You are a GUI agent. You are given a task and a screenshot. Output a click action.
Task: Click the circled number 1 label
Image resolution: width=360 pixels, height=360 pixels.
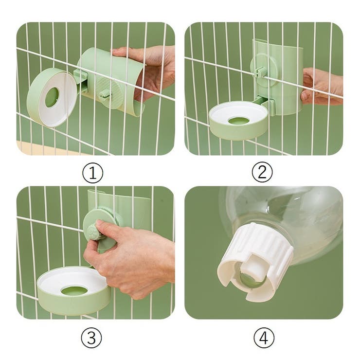(92, 172)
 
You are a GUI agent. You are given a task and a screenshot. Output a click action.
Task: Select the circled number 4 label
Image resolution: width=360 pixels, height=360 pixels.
(263, 338)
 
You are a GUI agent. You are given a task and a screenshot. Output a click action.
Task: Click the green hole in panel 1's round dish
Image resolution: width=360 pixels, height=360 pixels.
(52, 97)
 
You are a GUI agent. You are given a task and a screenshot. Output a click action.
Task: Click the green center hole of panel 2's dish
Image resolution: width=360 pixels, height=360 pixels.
(239, 120)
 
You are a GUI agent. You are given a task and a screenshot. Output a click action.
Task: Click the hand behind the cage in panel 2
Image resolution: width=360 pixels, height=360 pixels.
(321, 85)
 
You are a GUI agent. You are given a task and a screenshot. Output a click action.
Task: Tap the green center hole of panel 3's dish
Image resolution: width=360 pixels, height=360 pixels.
(74, 291)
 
